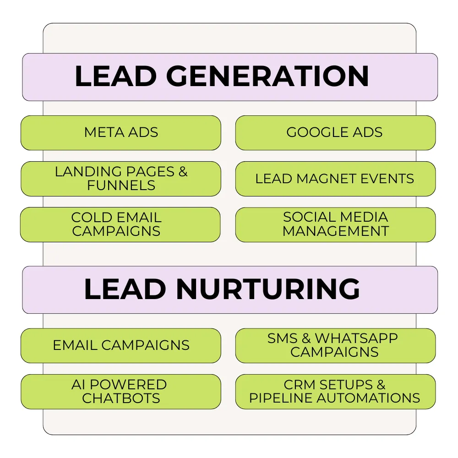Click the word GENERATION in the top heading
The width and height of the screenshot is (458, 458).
click(267, 76)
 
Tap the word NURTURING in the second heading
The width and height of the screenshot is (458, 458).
click(268, 289)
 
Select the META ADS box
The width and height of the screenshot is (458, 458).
click(121, 133)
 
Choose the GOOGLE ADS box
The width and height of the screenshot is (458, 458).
click(335, 133)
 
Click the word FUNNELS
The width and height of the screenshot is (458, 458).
click(121, 185)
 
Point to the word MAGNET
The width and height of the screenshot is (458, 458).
click(326, 179)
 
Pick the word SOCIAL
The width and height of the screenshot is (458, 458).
click(309, 217)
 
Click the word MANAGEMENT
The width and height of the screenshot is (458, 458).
click(336, 231)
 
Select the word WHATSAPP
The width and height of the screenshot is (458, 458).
click(356, 338)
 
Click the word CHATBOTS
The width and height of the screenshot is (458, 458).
click(121, 398)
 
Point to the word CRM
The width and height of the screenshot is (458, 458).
click(300, 385)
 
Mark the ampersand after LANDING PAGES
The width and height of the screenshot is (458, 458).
click(183, 172)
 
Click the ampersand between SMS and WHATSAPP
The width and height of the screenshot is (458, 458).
click(306, 338)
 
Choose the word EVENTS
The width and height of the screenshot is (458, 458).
click(387, 179)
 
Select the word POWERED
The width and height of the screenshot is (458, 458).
click(128, 385)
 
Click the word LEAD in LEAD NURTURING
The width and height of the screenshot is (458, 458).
click(125, 289)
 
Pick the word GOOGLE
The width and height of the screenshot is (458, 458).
click(317, 132)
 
